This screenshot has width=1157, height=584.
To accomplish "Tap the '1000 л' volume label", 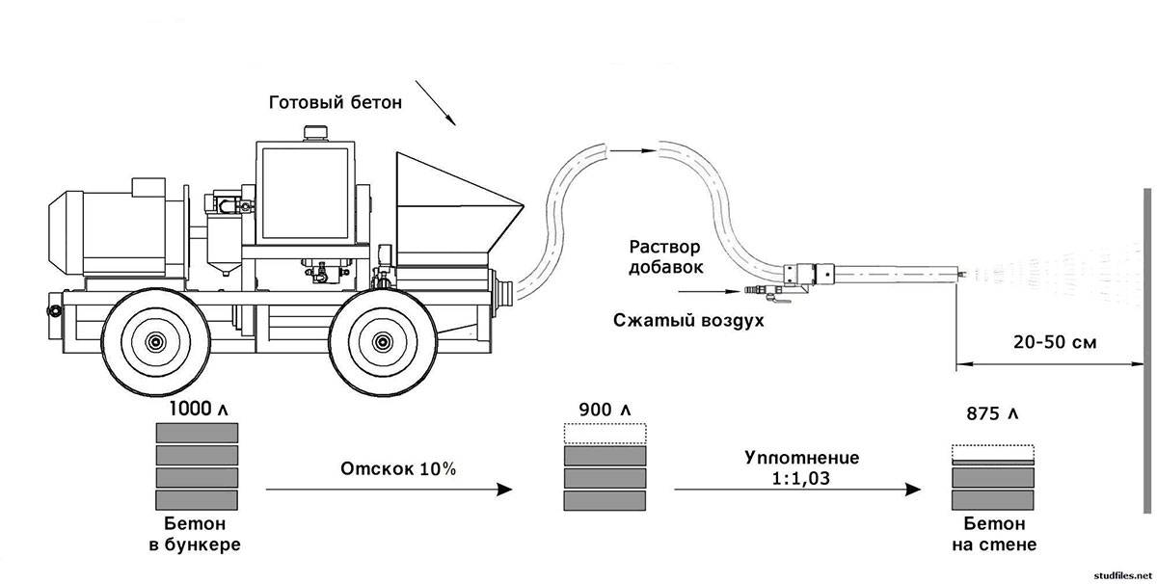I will (198, 409).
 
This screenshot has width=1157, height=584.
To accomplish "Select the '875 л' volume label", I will (992, 413).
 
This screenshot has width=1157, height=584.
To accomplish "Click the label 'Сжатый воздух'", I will (687, 319).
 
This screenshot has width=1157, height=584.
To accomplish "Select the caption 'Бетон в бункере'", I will (197, 534).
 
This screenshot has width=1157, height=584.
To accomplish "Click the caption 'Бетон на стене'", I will (992, 534).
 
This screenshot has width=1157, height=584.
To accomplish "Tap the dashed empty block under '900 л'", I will (605, 434).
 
